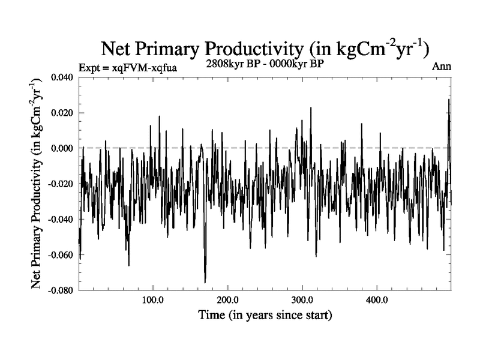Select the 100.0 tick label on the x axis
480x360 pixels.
tap(153, 299)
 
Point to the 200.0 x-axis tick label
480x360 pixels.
tap(227, 299)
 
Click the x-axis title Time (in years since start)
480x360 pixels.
tap(265, 314)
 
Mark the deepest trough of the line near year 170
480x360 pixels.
tap(205, 282)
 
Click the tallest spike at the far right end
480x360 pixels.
tap(448, 100)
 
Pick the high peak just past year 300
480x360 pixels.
tap(311, 108)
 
